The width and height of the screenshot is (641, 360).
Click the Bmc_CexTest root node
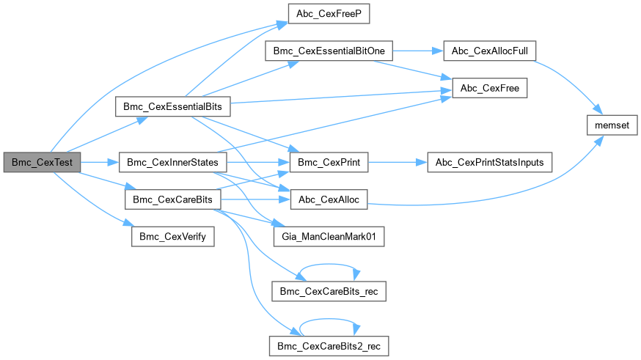(42, 162)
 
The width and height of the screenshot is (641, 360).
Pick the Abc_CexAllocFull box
(491, 51)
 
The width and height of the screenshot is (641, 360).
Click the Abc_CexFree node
(490, 89)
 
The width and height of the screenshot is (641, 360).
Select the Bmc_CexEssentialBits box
(173, 107)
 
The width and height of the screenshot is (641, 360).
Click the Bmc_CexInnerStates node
(173, 162)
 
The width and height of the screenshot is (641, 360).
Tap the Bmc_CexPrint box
(329, 162)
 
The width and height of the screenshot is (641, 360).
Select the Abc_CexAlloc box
(329, 199)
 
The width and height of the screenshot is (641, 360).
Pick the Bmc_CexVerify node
(172, 236)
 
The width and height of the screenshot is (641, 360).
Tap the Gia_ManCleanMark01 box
(329, 236)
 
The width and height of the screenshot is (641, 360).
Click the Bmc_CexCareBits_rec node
(329, 291)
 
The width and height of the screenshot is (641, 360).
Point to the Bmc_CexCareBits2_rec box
(329, 344)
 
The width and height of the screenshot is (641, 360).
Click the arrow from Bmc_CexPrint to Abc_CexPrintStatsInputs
(397, 162)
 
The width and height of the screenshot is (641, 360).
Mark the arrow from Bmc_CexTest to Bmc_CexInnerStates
(100, 162)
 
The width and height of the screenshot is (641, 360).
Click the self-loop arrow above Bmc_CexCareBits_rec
(329, 265)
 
